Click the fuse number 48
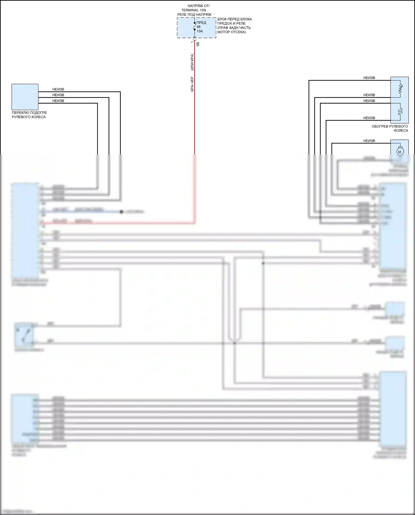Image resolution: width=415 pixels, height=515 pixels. [198, 27]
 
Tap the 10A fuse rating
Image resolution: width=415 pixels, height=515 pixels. [199, 31]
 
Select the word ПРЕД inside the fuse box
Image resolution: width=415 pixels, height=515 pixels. [201, 23]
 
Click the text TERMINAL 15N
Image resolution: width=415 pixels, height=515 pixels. [194, 10]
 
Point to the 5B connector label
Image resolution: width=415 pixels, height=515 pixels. [198, 44]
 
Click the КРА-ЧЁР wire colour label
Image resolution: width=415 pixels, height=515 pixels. [192, 84]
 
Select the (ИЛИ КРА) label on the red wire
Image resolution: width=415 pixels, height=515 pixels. [192, 62]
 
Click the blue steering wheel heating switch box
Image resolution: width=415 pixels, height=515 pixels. [25, 97]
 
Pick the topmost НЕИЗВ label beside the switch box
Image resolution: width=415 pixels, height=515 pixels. [58, 89]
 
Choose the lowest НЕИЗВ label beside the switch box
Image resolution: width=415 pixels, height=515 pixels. [58, 101]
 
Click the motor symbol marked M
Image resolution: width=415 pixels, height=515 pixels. [400, 152]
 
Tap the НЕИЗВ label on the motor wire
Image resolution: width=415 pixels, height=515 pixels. [369, 141]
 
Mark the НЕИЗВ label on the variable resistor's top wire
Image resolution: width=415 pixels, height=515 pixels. [369, 78]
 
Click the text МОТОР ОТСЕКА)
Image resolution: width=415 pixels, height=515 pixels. [231, 32]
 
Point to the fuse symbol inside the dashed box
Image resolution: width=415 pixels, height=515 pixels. [194, 27]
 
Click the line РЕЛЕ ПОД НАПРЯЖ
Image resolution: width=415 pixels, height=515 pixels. [194, 14]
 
